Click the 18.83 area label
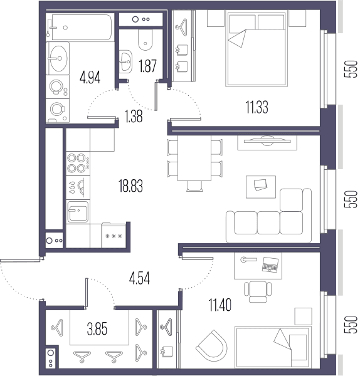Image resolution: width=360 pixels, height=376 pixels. pos(130,186)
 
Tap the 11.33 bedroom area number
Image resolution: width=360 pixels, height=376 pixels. pos(257,107)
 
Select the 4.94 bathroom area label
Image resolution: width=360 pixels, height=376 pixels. pos(90,77)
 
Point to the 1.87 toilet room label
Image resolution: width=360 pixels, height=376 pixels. pos(147,66)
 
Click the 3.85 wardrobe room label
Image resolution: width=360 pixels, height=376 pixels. pos(97,328)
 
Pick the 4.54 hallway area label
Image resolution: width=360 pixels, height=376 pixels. pos(139,278)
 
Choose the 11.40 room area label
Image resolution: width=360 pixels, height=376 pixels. pos(220,305)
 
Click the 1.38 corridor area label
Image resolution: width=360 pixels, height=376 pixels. pos(134,116)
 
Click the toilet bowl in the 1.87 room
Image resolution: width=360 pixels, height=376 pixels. pos(146,40)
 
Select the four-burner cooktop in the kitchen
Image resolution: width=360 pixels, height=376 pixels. pos(78,164)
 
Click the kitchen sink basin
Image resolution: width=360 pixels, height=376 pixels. pos(78,212)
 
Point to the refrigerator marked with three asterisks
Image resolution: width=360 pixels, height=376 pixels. pos(114,235)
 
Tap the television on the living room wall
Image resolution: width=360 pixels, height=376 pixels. pos(267,141)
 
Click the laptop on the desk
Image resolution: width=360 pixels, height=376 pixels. pos(270,264)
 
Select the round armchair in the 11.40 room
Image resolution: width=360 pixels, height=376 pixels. pos(212,345)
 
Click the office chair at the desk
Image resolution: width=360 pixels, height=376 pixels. pos(258,291)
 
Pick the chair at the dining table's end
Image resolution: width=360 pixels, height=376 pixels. pos(194,186)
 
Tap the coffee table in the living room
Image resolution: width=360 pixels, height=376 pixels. pos(261,187)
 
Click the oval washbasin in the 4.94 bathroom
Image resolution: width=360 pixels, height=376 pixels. pos(59,58)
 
